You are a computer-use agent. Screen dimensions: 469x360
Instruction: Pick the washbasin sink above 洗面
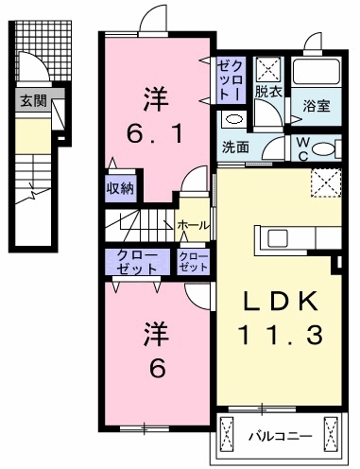pos(232,119)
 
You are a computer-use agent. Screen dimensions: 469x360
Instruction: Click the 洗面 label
pos(234,148)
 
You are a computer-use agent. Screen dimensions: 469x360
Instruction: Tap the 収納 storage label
pos(120,186)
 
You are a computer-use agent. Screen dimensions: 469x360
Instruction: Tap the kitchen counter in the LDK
pos(284,235)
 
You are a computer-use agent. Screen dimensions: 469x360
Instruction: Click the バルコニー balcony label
pos(280,437)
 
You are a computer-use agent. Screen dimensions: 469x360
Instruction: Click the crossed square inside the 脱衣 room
pos(267,68)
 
